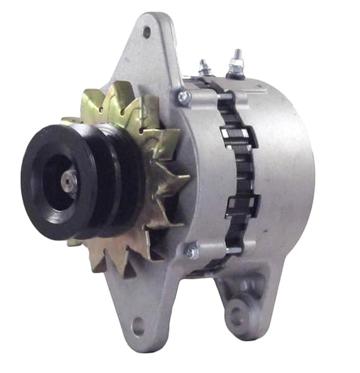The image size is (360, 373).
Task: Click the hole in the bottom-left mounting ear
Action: click(x=139, y=327)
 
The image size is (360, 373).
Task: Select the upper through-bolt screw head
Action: click(x=184, y=96)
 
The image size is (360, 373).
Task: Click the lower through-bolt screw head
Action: click(x=191, y=251)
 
